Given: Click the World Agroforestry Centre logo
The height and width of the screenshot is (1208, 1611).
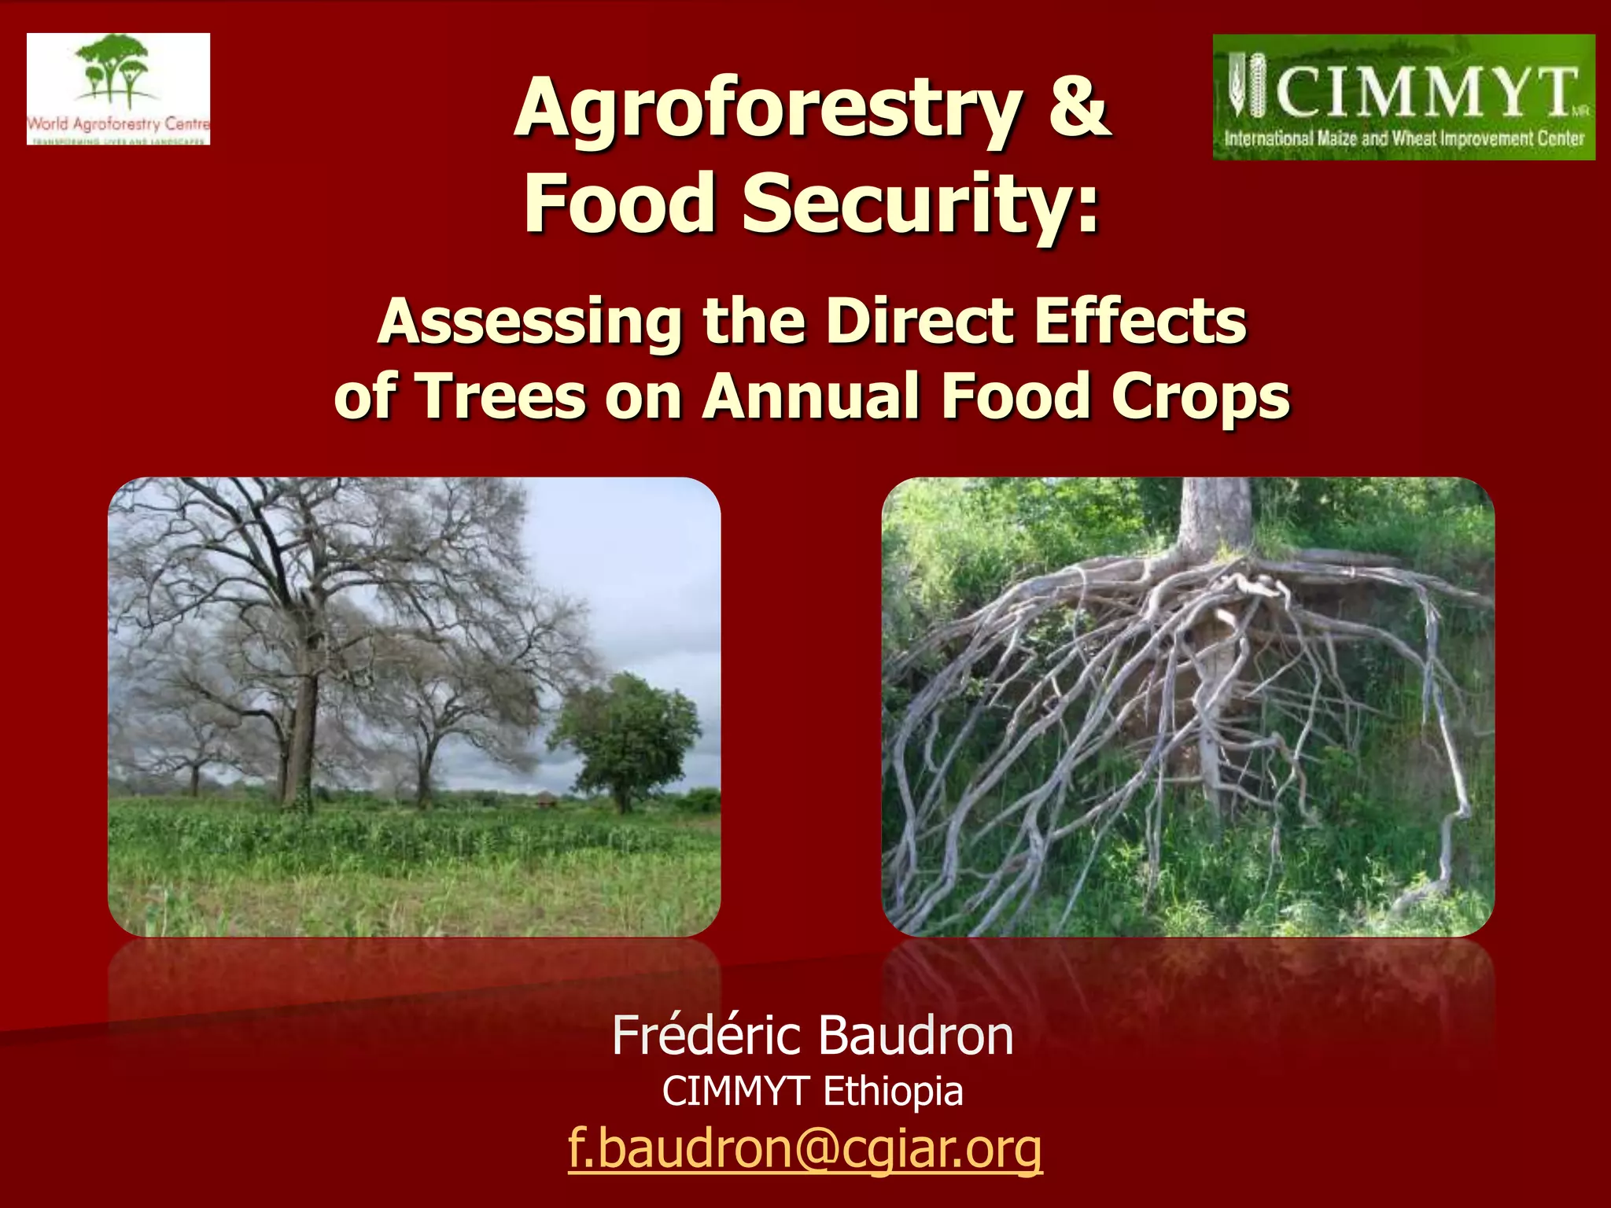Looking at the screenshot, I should coord(118,89).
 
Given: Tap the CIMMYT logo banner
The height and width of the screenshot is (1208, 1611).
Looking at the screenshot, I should coord(1403,98).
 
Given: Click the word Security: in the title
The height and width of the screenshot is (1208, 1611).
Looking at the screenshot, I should coord(921,203).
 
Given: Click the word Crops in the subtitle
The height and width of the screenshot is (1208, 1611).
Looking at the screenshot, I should coord(1200,397).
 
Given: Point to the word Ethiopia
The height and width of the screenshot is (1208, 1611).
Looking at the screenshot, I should coord(893,1092).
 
